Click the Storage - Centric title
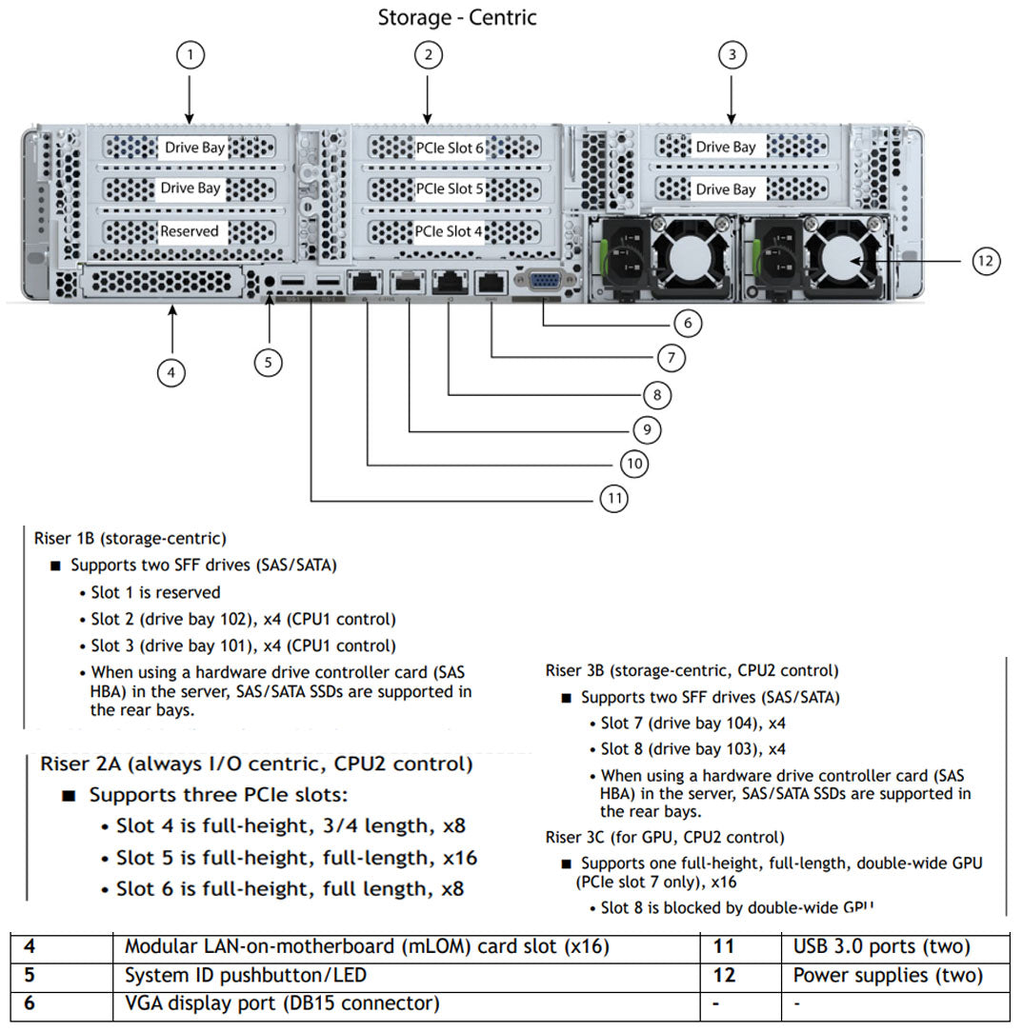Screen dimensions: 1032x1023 coord(457,17)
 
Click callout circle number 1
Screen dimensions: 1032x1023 coord(191,56)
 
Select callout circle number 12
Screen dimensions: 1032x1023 coord(987,261)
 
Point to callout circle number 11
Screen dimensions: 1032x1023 coord(614,498)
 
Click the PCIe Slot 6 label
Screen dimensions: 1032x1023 coord(450,148)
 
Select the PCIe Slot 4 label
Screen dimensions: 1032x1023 coord(450,231)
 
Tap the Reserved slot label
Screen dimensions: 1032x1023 coord(190,231)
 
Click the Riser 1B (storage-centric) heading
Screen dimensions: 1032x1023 coord(130,539)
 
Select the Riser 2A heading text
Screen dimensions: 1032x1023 coord(255,764)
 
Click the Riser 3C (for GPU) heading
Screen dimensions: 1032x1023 coord(665,838)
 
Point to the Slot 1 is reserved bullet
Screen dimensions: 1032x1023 coord(155,592)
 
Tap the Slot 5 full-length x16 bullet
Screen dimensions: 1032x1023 coord(296,858)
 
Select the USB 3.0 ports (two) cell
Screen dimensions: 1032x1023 coord(881,947)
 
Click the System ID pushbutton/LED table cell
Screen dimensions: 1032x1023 coord(246,976)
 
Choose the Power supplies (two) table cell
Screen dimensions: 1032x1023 coord(887,976)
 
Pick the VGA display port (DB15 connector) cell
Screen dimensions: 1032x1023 coord(282,1003)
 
